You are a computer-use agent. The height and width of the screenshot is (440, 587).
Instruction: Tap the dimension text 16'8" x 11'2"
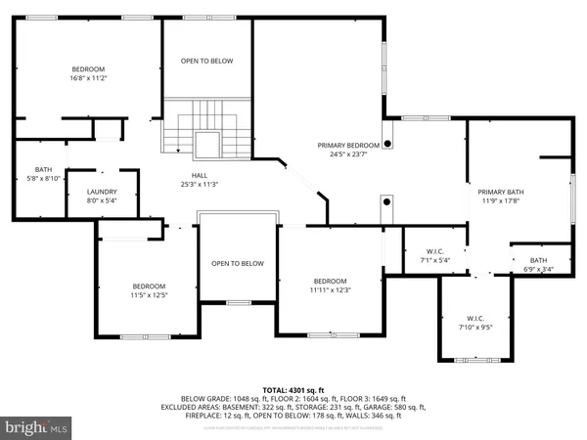[88, 77]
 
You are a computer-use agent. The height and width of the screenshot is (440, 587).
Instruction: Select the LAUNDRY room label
[102, 191]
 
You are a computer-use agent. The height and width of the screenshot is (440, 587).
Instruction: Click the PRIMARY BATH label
[501, 192]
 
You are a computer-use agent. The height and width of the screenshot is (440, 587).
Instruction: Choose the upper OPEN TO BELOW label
[207, 61]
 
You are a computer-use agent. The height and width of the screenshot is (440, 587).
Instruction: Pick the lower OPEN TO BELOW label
[239, 263]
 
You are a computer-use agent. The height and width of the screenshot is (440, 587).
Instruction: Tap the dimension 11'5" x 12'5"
[151, 294]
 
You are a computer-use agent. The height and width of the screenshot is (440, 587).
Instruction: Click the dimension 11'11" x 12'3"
[330, 289]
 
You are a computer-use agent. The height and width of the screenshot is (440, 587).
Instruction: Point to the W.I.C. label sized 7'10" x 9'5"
[476, 318]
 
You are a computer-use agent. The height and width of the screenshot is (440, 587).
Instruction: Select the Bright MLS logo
[37, 427]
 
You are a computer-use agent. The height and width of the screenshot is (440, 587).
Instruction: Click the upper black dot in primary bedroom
[388, 143]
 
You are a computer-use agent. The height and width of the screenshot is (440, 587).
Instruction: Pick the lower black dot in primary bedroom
[387, 202]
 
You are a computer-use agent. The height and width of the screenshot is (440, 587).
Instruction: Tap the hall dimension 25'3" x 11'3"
[198, 184]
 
